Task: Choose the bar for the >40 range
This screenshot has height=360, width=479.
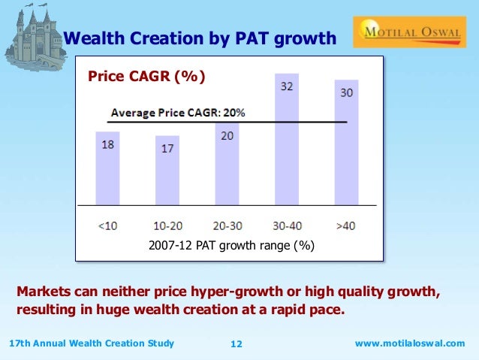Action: tap(346, 143)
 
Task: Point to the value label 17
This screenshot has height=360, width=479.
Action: tap(167, 149)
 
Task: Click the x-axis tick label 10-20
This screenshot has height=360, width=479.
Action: tap(167, 225)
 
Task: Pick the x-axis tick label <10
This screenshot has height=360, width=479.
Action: tap(108, 225)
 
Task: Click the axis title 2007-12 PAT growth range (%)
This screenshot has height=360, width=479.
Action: tap(230, 246)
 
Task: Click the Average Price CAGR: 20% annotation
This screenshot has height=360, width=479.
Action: tap(178, 113)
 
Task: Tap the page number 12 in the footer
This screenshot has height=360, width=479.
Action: tap(236, 344)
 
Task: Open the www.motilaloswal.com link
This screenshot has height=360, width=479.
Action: tap(409, 343)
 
